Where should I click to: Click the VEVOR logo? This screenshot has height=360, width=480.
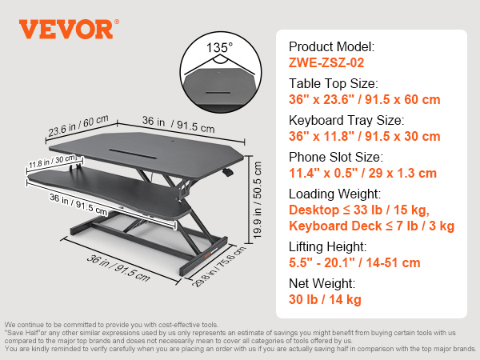pos(69,29)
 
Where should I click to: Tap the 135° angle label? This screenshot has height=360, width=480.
pos(219,48)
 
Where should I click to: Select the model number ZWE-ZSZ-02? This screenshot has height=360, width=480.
pos(326,62)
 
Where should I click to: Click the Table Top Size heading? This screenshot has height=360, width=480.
pos(334,83)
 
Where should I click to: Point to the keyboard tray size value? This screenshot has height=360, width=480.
pos(365,136)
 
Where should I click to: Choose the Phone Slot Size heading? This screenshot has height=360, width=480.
pos(336,157)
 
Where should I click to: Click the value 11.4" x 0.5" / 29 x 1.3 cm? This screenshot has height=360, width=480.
pos(362,173)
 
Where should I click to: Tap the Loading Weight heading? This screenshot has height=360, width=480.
pos(335,194)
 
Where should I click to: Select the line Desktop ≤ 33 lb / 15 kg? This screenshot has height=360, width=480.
pos(359,210)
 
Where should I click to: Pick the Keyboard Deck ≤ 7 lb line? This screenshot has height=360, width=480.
pos(372,226)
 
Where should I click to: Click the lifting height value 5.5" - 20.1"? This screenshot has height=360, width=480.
pos(354,262)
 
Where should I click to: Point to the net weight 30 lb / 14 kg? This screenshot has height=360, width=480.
pos(325,299)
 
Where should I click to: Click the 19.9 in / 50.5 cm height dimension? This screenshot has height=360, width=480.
pos(257,200)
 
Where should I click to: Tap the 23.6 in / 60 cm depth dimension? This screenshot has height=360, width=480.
pos(78,126)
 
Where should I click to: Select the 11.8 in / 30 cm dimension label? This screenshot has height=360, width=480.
pos(52,162)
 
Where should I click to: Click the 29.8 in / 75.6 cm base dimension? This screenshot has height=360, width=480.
pos(218,266)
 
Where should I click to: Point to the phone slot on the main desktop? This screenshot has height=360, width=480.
pos(133,154)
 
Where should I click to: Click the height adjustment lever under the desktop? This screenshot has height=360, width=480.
pos(227,172)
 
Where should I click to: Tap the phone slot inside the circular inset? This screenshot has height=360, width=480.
pos(218,93)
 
